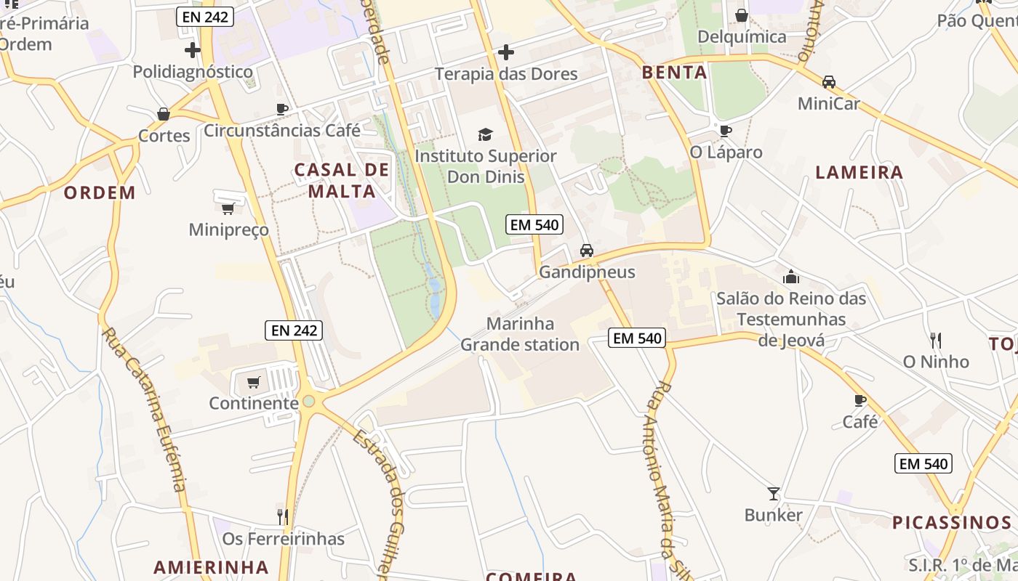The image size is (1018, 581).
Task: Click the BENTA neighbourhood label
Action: click(x=675, y=72)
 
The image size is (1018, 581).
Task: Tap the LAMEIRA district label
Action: click(x=859, y=172)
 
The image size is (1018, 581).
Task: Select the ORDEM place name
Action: click(x=100, y=192)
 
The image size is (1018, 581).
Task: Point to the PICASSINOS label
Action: click(x=952, y=522)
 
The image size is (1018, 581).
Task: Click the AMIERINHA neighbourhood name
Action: click(x=211, y=566)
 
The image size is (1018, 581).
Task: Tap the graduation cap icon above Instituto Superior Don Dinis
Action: click(x=485, y=134)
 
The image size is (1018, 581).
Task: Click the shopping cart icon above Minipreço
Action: click(x=228, y=209)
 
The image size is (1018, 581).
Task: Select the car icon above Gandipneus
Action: click(x=586, y=251)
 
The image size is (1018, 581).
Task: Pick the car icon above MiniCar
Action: click(x=828, y=82)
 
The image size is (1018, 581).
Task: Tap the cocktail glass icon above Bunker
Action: click(x=773, y=494)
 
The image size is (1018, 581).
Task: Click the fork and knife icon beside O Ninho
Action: click(x=936, y=340)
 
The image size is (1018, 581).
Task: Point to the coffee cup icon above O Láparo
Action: click(x=725, y=131)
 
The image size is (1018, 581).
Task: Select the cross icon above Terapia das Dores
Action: click(x=506, y=52)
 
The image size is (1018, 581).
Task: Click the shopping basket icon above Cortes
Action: click(x=164, y=114)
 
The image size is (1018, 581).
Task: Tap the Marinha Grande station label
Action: click(x=520, y=334)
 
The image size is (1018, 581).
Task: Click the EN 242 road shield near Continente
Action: click(x=293, y=330)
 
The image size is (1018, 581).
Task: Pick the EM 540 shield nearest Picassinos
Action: click(x=923, y=463)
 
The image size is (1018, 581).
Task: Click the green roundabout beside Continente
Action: click(x=309, y=401)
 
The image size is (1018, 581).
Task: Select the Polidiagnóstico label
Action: click(x=193, y=72)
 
